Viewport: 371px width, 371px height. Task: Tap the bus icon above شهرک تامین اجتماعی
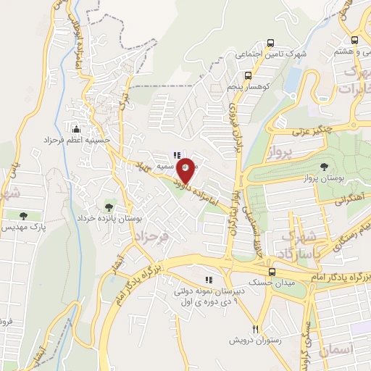tap(270, 43)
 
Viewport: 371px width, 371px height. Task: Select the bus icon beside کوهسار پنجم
tap(249, 74)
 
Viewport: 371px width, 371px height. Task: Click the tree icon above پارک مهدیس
tap(24, 216)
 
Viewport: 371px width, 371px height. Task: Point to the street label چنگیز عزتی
tap(315, 131)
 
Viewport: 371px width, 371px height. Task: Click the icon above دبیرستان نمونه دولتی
tap(209, 280)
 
